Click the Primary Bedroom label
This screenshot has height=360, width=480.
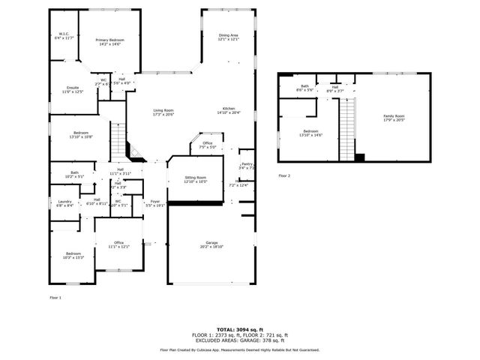tap(109, 42)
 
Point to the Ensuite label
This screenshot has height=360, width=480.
tap(72, 89)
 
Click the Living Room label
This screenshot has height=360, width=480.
tap(163, 112)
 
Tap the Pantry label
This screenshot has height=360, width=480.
tap(247, 166)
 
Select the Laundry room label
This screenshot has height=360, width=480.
tap(65, 202)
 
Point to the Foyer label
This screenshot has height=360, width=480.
tap(154, 202)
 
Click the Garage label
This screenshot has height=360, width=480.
tap(212, 244)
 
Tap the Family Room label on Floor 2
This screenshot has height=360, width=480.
tap(394, 118)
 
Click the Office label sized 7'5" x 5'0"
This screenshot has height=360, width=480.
tap(208, 145)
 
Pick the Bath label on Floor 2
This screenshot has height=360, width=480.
tap(305, 88)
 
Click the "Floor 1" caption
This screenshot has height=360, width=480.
tap(55, 298)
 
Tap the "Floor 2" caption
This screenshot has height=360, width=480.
tap(283, 175)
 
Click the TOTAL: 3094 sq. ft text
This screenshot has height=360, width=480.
tap(239, 329)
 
